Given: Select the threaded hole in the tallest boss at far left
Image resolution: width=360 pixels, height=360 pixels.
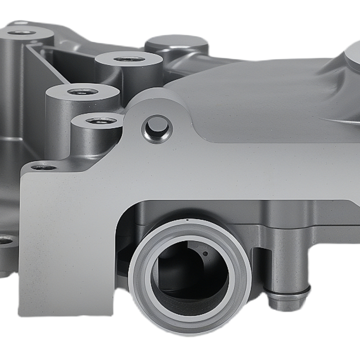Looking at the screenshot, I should pos(22,33).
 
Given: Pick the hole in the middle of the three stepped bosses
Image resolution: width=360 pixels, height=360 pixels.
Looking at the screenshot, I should pos(82,92).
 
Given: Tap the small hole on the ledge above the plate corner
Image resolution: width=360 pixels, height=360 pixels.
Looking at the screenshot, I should pos(44,167).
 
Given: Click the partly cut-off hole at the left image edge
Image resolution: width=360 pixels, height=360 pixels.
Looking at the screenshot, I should pos(4,240).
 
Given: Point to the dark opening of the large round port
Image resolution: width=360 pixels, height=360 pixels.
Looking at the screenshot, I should pos(190,274).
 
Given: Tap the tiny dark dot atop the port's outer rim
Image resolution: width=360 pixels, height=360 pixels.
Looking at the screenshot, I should pos(187,220).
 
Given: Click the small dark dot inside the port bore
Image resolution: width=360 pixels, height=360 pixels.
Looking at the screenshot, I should pos(205,254).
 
